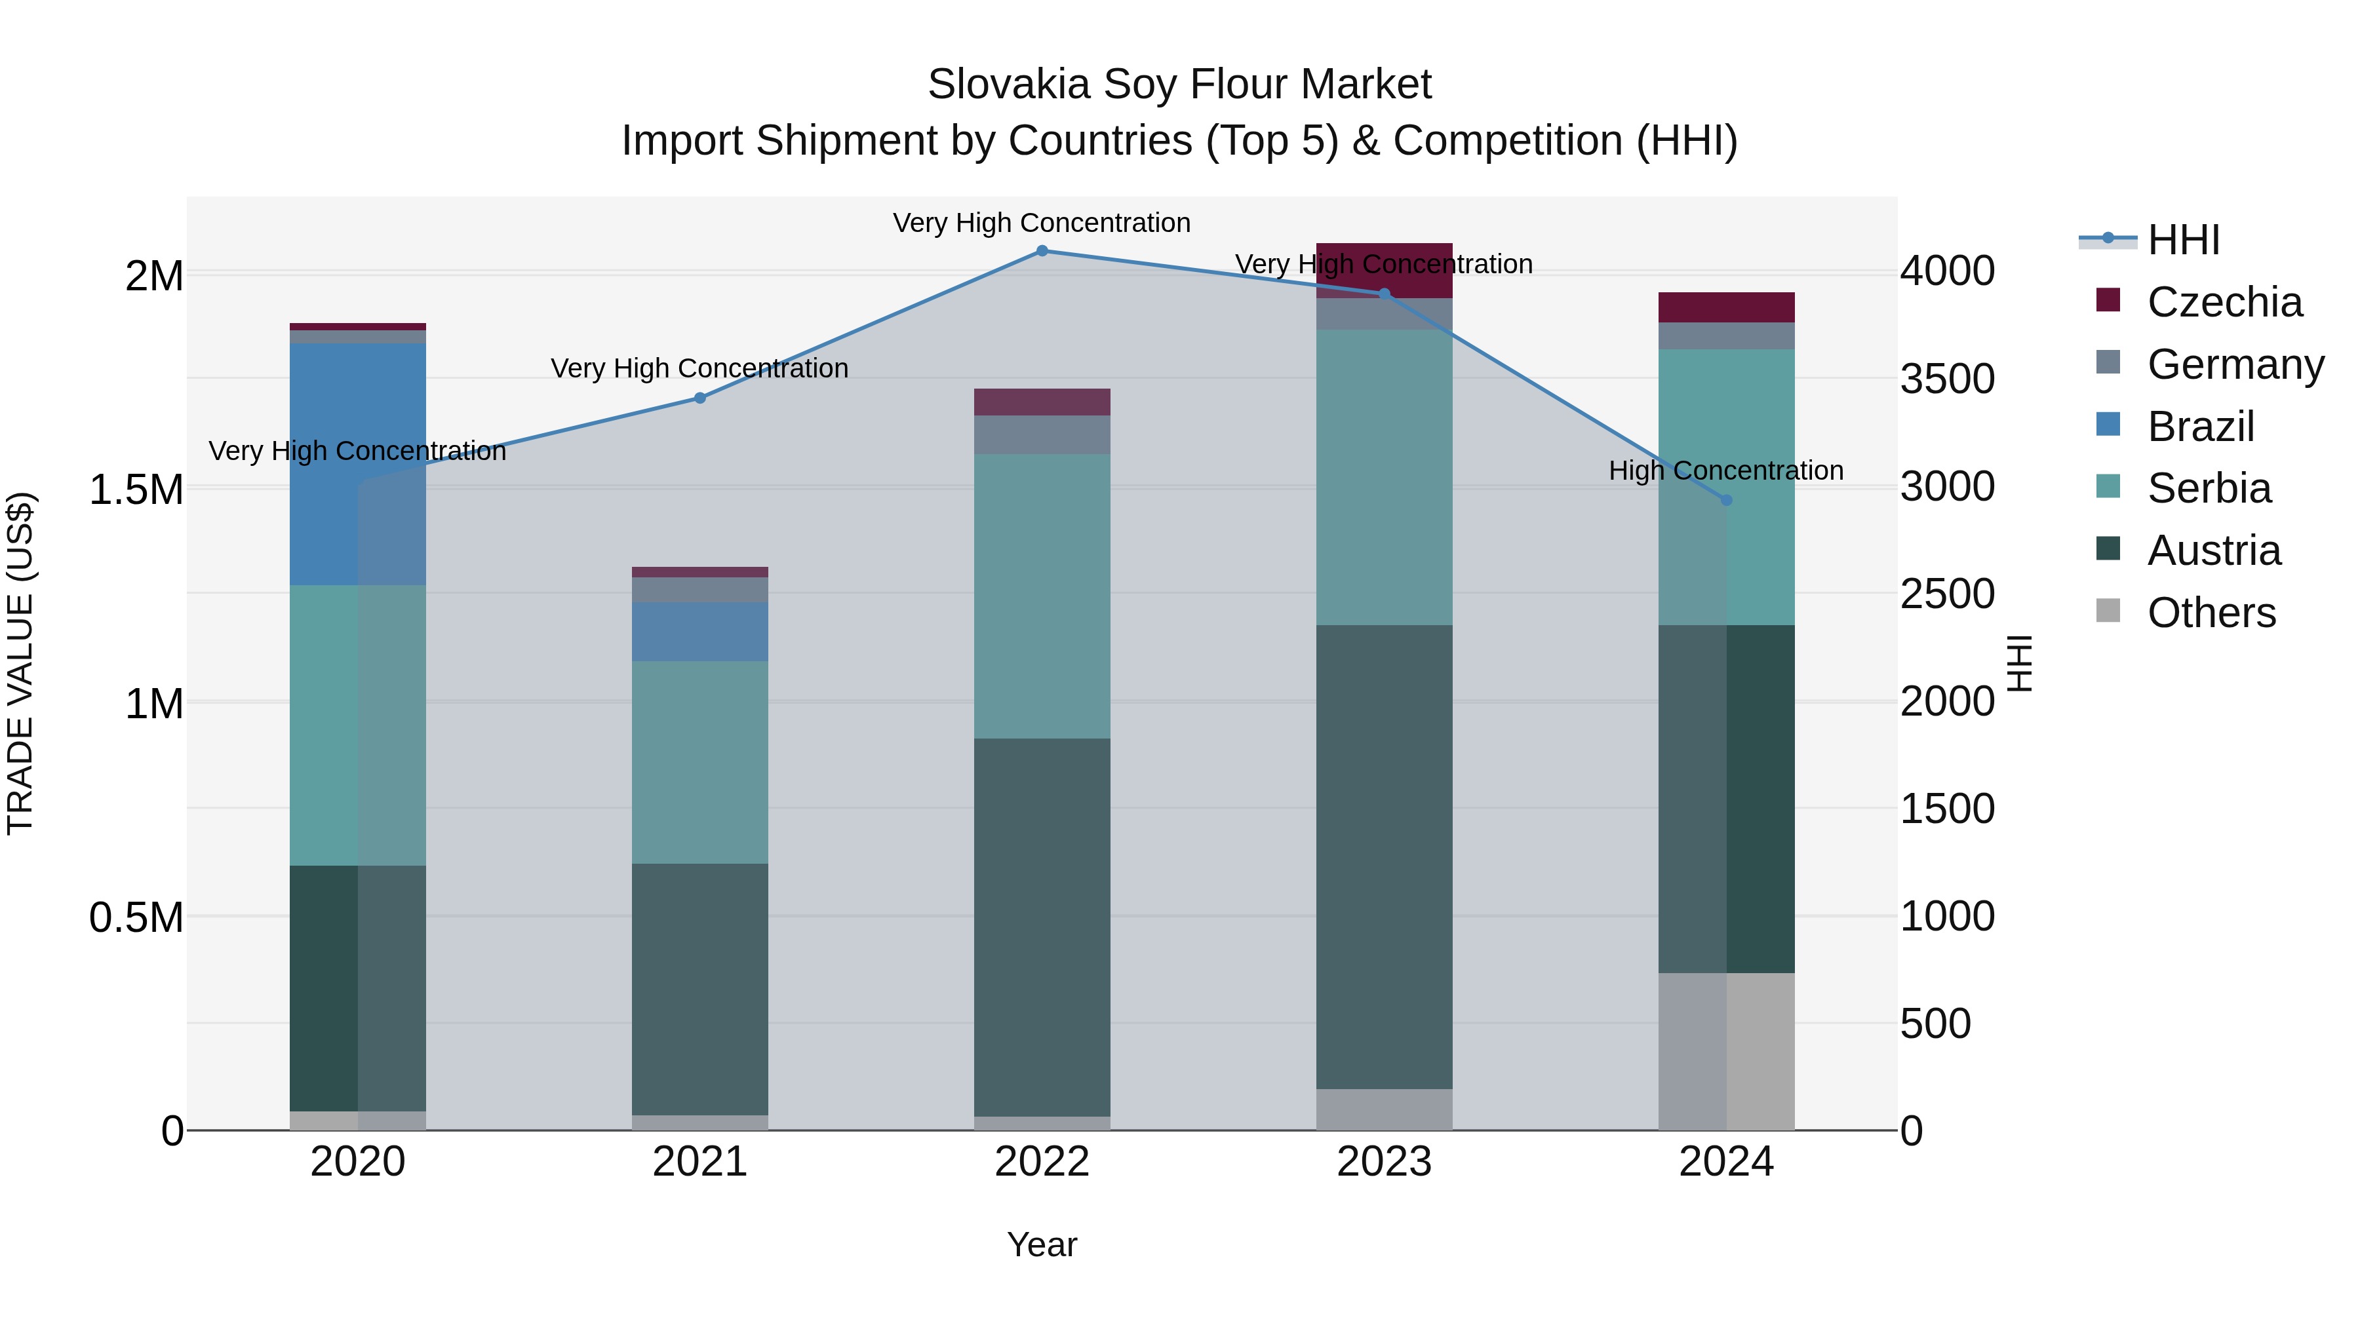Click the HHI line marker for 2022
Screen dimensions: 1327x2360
[1042, 251]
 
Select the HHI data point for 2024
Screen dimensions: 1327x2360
[1726, 500]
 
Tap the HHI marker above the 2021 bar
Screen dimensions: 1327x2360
[700, 398]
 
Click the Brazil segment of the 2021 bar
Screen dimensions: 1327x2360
[700, 632]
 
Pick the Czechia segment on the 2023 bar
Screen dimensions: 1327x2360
[1385, 269]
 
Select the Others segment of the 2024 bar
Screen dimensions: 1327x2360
[1726, 1051]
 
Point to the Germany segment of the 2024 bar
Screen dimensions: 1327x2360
[1726, 336]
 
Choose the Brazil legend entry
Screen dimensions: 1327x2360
[2199, 427]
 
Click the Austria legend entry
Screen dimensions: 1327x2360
[2212, 550]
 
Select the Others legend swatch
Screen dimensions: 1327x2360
[2108, 611]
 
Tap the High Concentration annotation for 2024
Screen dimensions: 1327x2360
[1726, 471]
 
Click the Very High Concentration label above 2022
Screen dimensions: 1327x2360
[1042, 223]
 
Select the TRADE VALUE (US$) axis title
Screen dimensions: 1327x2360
[20, 663]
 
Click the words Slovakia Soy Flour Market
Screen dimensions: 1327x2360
[1179, 85]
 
